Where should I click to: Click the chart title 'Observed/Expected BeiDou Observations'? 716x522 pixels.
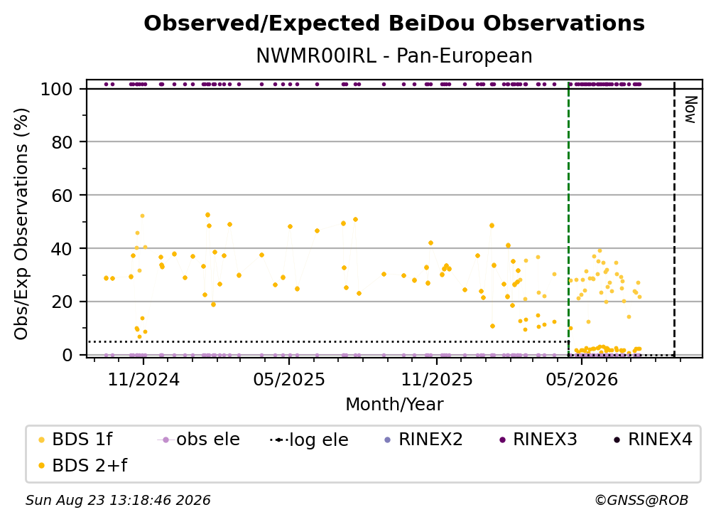(x=394, y=23)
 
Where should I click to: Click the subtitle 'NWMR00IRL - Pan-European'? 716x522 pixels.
(x=394, y=55)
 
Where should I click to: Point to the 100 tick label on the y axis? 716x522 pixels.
(x=57, y=89)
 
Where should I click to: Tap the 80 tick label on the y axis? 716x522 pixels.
(x=62, y=142)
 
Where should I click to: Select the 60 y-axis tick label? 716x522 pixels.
(x=62, y=195)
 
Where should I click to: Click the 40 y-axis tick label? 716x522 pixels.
(x=62, y=249)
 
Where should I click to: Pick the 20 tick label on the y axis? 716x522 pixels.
(x=62, y=302)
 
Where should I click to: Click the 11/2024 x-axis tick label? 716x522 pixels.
(x=143, y=379)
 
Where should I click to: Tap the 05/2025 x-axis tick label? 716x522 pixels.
(x=289, y=379)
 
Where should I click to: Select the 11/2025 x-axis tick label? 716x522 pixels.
(x=437, y=379)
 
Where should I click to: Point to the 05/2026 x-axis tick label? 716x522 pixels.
(x=582, y=379)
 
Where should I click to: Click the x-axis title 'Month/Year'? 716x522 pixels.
(x=394, y=405)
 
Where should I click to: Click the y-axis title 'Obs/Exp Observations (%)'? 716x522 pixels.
(x=21, y=223)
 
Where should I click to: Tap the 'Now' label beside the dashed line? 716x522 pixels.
(x=690, y=110)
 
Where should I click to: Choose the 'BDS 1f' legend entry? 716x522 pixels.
(x=75, y=440)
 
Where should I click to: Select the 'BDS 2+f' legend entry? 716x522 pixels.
(x=82, y=465)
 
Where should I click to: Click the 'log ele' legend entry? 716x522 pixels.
(x=309, y=440)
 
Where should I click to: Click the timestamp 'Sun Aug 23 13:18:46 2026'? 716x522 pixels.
(x=118, y=500)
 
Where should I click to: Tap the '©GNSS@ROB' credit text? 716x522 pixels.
(x=641, y=500)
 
